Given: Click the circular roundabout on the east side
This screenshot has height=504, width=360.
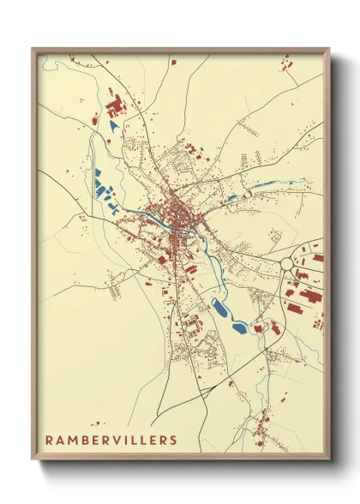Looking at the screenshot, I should (287, 263).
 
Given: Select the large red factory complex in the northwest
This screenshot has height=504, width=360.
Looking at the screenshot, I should (114, 108).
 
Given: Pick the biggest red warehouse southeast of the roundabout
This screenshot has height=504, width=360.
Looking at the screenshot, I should (309, 297).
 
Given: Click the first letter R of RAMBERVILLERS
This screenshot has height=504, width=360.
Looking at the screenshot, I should (49, 441).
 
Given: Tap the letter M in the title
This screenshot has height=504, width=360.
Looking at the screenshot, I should (73, 441).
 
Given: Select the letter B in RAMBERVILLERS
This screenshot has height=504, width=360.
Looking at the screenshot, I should (86, 441).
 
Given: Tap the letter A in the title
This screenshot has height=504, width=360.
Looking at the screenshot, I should (60, 441).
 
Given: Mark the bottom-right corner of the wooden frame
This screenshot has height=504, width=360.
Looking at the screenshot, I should (329, 460).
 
